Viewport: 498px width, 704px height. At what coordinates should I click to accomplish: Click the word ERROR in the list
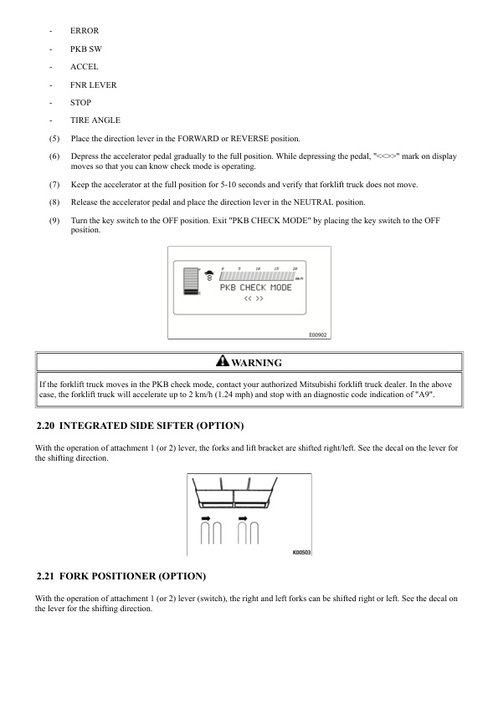point(85,31)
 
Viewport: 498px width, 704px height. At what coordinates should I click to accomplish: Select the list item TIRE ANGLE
point(95,120)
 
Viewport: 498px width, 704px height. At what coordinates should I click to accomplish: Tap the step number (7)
point(54,184)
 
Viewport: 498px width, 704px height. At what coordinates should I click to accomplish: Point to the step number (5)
point(54,138)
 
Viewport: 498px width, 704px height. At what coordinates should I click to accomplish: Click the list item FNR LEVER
point(94,85)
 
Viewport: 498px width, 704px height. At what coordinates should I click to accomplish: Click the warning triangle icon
point(222,362)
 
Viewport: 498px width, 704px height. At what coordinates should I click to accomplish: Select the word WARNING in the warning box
point(256,363)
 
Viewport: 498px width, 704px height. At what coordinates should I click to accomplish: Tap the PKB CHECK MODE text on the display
point(255,288)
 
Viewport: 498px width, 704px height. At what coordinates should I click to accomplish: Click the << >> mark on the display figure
point(254,298)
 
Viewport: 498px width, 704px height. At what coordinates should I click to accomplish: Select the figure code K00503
point(300,552)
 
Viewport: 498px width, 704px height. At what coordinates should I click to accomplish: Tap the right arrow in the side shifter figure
point(243,519)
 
